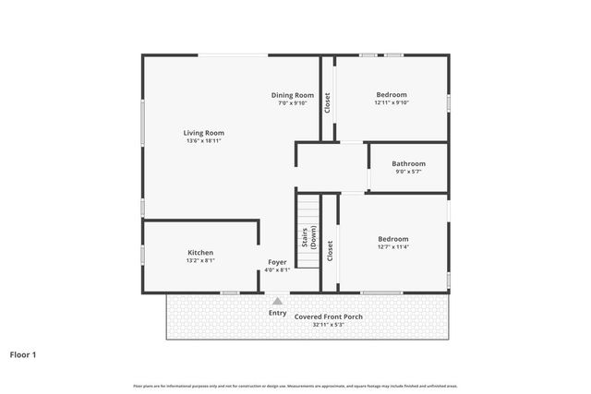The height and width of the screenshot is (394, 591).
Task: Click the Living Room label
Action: pyautogui.click(x=204, y=133)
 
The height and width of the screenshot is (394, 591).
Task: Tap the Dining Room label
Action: pyautogui.click(x=293, y=95)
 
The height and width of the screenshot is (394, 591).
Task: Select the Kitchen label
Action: pyautogui.click(x=200, y=253)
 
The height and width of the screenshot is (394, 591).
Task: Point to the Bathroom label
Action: pyautogui.click(x=408, y=163)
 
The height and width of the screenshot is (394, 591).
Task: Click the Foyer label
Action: pyautogui.click(x=277, y=262)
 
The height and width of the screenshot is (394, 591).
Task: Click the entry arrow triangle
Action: pyautogui.click(x=277, y=301)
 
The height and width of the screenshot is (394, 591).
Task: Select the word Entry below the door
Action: pyautogui.click(x=277, y=313)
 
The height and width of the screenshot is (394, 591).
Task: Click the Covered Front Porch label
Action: pyautogui.click(x=328, y=316)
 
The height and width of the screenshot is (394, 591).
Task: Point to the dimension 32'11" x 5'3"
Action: pyautogui.click(x=328, y=324)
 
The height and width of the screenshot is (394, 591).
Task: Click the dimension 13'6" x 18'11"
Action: pyautogui.click(x=204, y=141)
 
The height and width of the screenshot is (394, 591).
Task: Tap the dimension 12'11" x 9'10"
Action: pyautogui.click(x=392, y=102)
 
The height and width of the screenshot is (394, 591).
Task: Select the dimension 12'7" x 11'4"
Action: pyautogui.click(x=392, y=246)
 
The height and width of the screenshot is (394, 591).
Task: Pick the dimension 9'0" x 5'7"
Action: pyautogui.click(x=408, y=172)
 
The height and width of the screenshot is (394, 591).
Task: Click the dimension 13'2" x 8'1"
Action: pyautogui.click(x=200, y=261)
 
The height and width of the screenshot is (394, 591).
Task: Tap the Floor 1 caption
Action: pyautogui.click(x=22, y=353)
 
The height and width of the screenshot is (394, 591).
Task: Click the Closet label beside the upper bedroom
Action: pyautogui.click(x=328, y=102)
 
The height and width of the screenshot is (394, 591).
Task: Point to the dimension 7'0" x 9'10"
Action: pyautogui.click(x=293, y=102)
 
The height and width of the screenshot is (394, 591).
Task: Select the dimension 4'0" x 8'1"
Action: pyautogui.click(x=277, y=270)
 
